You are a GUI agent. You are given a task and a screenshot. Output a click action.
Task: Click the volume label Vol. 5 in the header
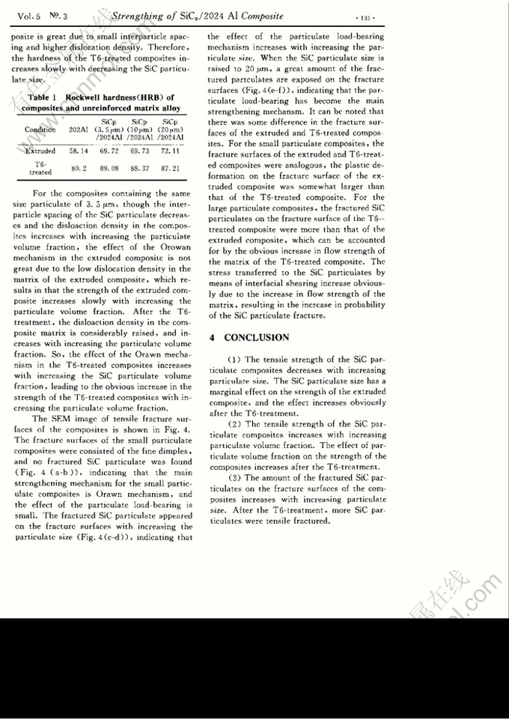[28, 15]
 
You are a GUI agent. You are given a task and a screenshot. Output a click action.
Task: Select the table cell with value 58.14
[79, 151]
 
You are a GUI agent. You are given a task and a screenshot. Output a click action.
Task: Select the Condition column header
[40, 130]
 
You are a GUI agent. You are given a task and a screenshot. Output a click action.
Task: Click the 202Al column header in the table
[79, 130]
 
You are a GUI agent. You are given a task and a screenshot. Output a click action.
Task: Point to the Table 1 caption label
[43, 97]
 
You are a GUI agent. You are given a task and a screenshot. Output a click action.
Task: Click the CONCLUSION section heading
[256, 338]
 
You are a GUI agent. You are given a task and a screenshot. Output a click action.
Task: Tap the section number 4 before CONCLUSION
[213, 338]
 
